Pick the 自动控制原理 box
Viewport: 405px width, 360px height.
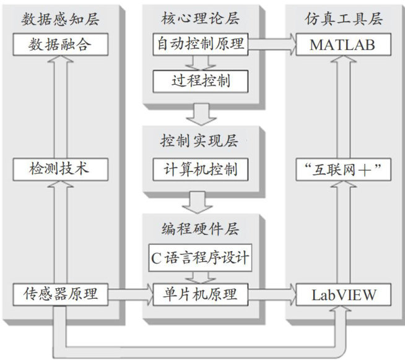[x=200, y=45]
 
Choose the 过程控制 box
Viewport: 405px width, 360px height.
[x=200, y=80]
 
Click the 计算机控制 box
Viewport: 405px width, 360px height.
[x=200, y=168]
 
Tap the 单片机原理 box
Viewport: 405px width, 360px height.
[x=200, y=294]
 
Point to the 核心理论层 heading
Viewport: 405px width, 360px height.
[x=200, y=19]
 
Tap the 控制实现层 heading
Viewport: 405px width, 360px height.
[x=200, y=142]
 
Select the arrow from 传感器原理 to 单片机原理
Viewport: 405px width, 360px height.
[x=130, y=294]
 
